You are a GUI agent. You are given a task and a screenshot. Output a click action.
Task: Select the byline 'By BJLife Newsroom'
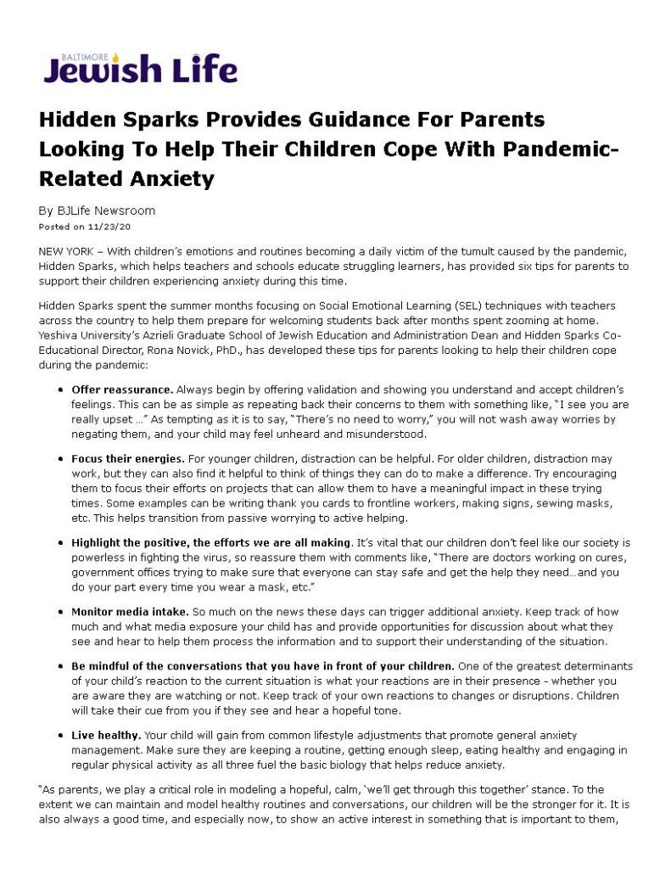coord(98,210)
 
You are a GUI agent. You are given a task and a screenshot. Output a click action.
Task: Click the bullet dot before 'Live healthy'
coord(62,732)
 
